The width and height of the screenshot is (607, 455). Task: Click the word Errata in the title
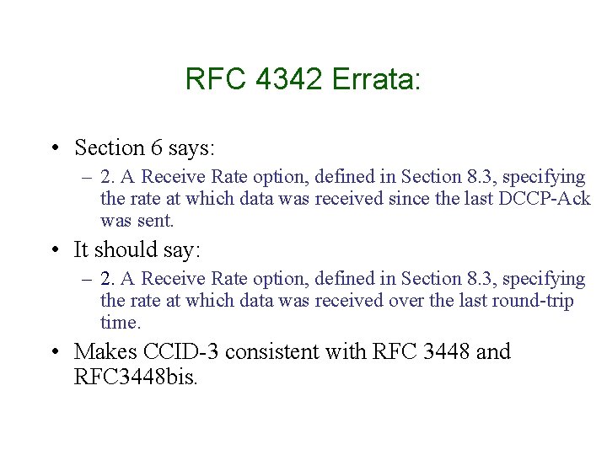(x=375, y=80)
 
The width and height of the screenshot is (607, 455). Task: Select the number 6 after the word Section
(x=157, y=148)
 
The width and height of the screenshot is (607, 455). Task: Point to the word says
(x=192, y=149)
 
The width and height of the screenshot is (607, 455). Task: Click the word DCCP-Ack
(x=547, y=199)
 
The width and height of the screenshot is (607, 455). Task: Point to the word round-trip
(x=532, y=301)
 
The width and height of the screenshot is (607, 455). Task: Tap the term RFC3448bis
(x=136, y=376)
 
